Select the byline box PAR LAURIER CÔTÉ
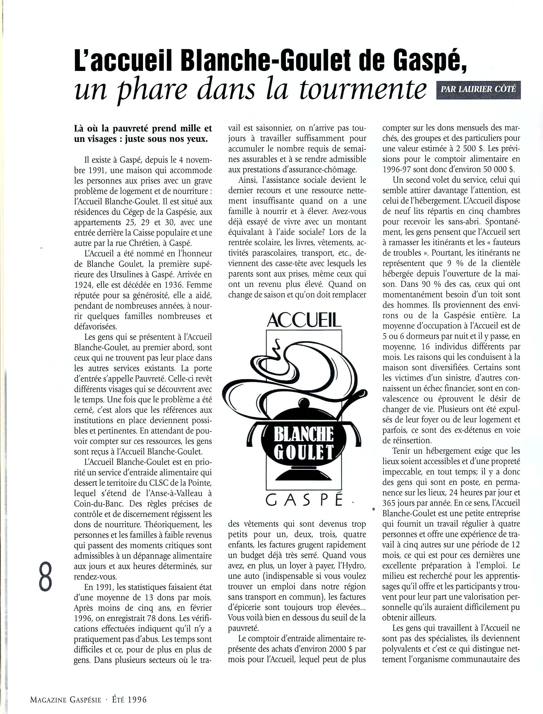[x=479, y=89]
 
